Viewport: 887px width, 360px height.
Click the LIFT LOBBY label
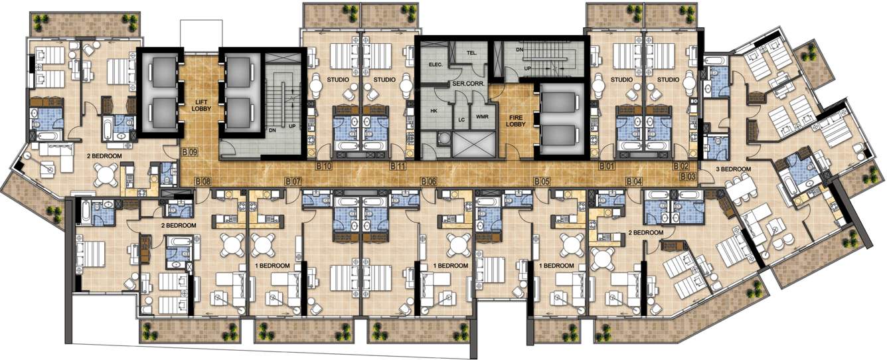point(201,103)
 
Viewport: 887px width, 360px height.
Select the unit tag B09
point(190,152)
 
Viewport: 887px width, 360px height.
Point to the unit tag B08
point(203,181)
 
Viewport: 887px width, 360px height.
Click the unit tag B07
point(293,181)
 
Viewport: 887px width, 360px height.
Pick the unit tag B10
point(323,165)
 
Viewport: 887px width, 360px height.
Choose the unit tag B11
point(398,165)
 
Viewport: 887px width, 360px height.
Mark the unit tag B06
point(429,181)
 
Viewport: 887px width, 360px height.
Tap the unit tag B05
point(542,181)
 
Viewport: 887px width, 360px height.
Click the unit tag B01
point(605,165)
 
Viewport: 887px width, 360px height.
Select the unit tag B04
point(634,181)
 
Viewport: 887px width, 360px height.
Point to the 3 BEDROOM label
point(733,169)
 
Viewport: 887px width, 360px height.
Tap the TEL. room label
point(472,52)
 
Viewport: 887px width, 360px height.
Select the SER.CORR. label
point(467,84)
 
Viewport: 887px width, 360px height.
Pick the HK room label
point(434,111)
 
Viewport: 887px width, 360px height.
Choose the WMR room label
point(481,116)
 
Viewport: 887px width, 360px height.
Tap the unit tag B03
point(688,177)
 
